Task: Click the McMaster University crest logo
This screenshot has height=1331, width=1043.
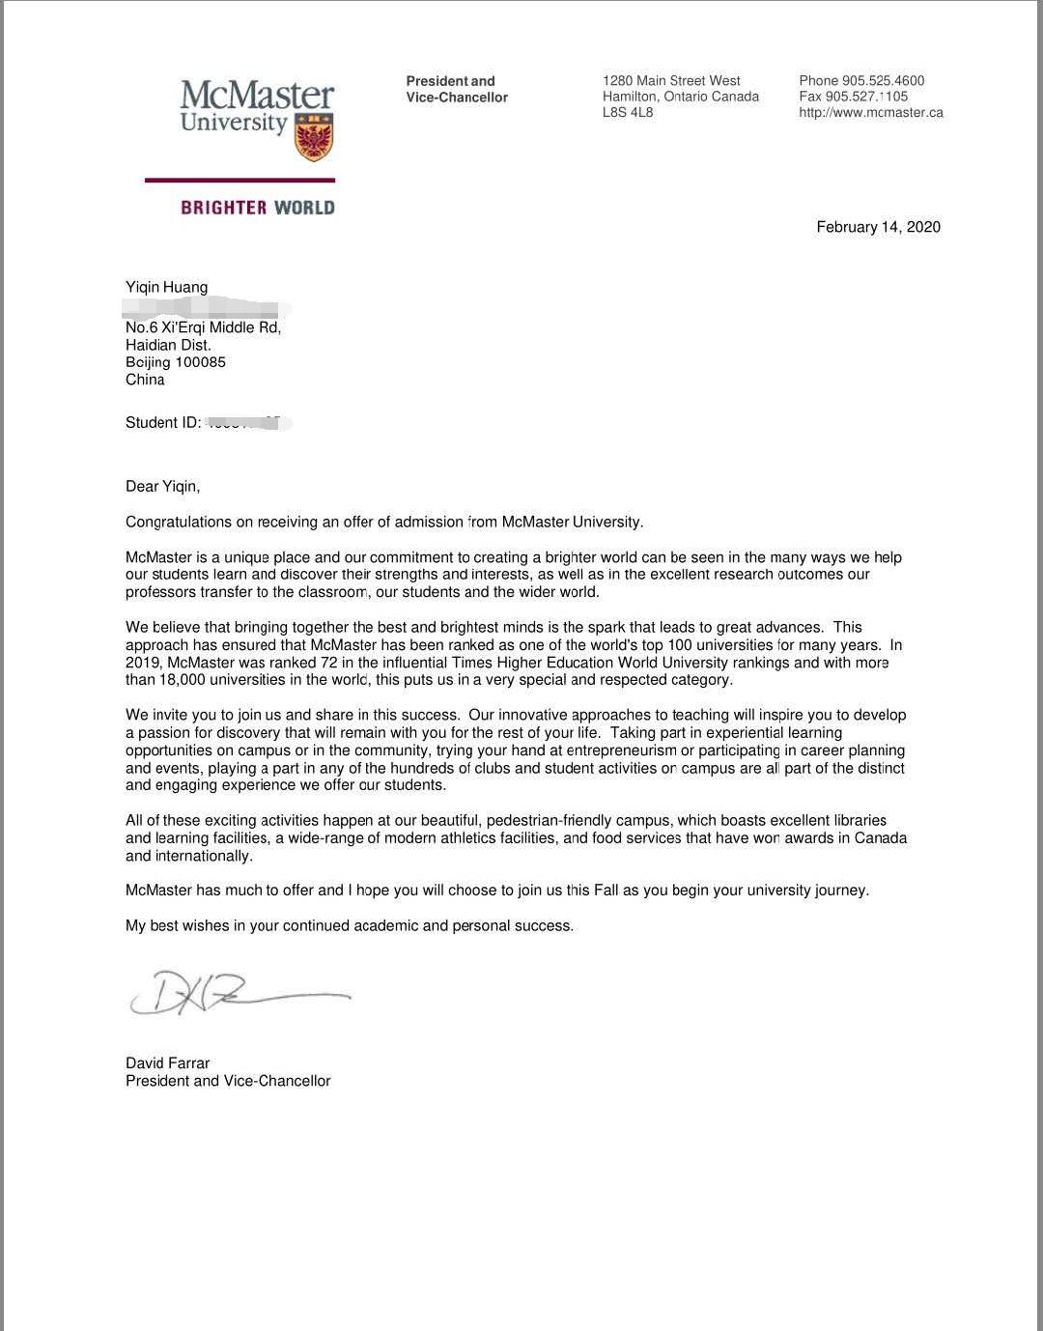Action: coord(314,136)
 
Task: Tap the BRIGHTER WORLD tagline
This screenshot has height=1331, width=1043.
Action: coord(257,208)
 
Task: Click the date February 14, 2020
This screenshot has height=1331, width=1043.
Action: coord(878,227)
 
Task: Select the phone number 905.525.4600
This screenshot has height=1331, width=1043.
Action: coord(883,81)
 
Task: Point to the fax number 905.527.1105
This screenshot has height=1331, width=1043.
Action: coord(866,97)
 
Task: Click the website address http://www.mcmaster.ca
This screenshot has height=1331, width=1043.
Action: coord(870,113)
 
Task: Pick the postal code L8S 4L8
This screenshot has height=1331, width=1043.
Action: coord(628,113)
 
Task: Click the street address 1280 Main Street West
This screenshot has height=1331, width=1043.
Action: coord(671,81)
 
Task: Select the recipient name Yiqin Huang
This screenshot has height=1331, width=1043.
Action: coord(166,287)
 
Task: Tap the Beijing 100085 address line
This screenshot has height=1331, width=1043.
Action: coord(175,362)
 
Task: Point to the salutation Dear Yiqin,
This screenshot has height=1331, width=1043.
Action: coord(162,486)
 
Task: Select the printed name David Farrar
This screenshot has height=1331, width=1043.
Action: coord(167,1063)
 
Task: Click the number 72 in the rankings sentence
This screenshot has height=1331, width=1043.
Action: coord(328,663)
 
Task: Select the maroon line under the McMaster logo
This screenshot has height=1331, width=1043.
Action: coord(240,180)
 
